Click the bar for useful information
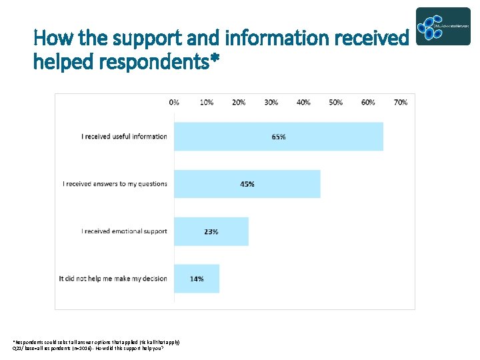(x=279, y=137)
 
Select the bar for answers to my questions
(x=247, y=184)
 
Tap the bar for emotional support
(x=211, y=231)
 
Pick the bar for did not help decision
(x=197, y=279)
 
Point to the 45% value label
(x=247, y=184)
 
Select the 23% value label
(x=211, y=231)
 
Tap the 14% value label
(x=197, y=279)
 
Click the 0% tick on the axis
(x=174, y=102)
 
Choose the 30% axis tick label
(x=271, y=102)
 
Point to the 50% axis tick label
(x=336, y=102)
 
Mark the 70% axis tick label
(x=401, y=102)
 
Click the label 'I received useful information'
(x=124, y=137)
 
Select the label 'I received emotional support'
(x=124, y=231)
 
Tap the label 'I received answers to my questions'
(x=115, y=184)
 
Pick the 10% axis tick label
(x=207, y=102)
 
